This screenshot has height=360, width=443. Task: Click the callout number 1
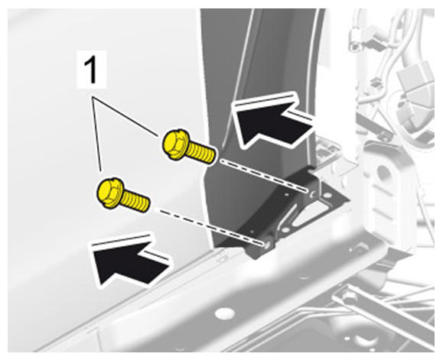(x=91, y=70)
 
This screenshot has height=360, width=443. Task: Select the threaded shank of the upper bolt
(x=202, y=153)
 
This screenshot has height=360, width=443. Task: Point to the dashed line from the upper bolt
(x=264, y=176)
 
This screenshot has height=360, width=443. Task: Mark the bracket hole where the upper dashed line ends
(x=312, y=194)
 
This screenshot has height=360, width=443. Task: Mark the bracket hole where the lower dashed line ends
(x=266, y=245)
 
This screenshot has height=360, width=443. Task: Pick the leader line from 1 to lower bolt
(x=96, y=134)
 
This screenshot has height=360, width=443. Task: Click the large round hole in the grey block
(x=383, y=173)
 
